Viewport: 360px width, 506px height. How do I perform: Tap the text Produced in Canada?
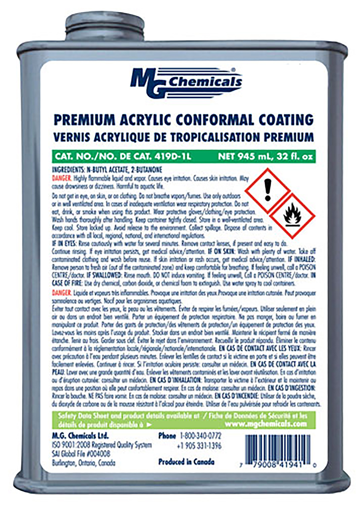coord(186,462)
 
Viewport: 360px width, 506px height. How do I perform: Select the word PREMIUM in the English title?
coord(80,120)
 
